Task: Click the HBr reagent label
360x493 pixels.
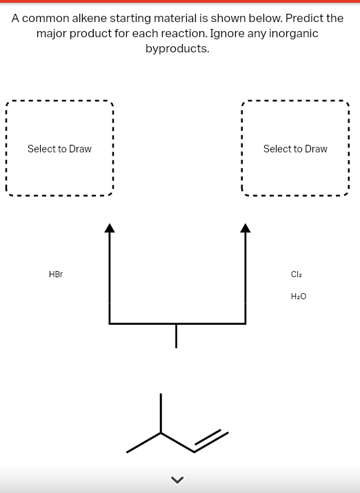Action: pos(56,274)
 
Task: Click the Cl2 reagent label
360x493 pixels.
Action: pos(297,274)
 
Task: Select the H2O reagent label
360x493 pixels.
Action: pos(299,296)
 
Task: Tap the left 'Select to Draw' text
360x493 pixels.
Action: pos(59,149)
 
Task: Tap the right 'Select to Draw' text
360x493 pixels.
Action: pos(295,149)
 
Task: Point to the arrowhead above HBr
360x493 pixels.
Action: pos(109,228)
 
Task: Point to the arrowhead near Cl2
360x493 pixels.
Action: pos(246,228)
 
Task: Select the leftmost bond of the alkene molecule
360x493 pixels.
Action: pos(143,443)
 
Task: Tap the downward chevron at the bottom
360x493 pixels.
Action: pos(177,479)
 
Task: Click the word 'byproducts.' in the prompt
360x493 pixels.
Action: pos(177,49)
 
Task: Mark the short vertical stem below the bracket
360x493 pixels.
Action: pos(177,336)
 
